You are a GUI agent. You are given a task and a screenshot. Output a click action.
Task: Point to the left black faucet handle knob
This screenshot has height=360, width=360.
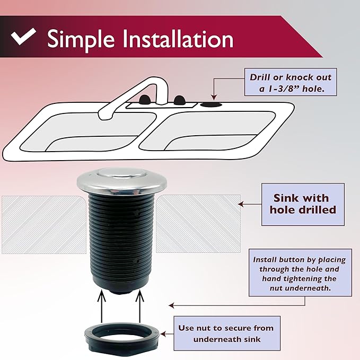point(144,99)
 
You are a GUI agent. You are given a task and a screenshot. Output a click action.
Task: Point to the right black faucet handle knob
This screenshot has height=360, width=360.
point(180,99)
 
